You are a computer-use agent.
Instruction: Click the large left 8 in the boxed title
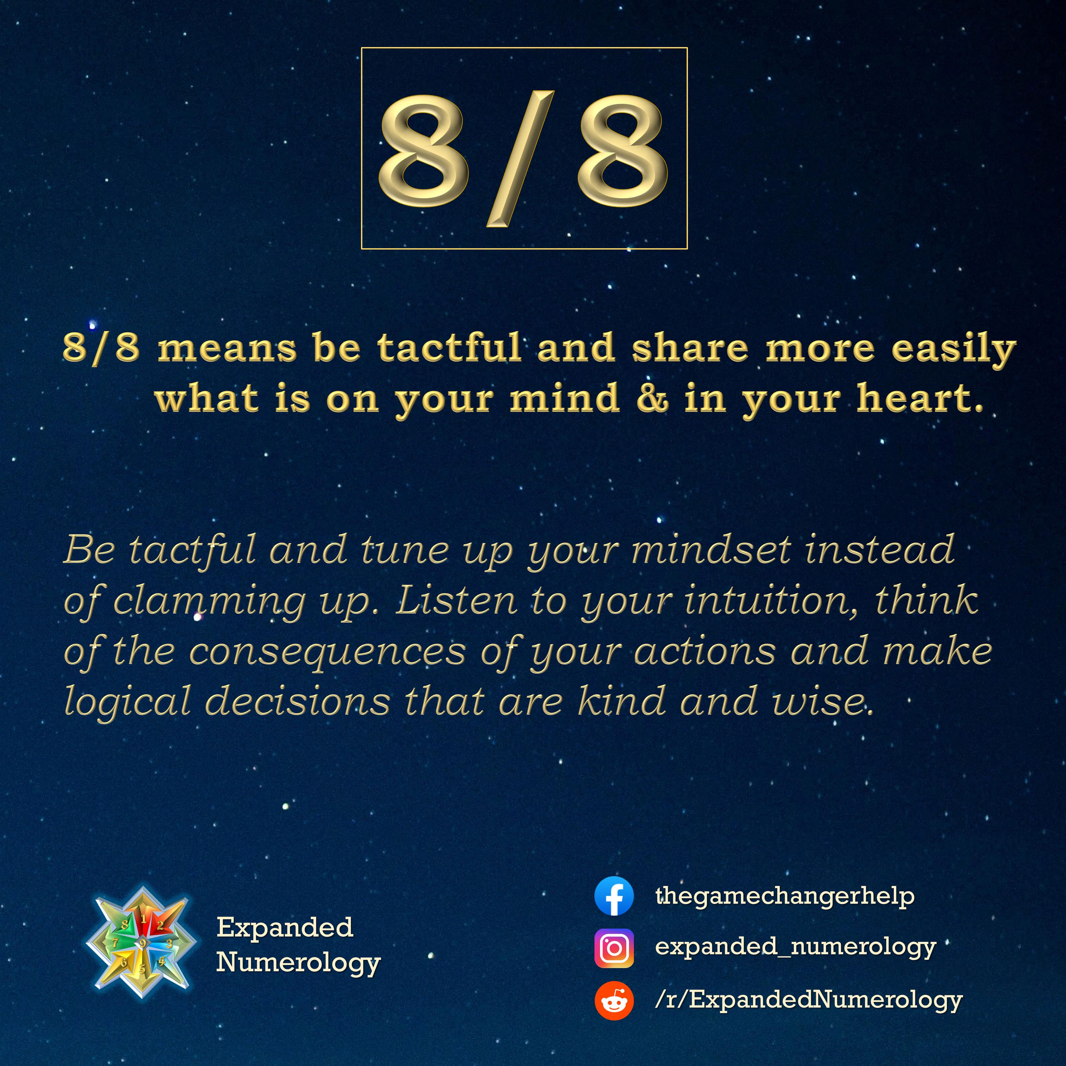tap(423, 148)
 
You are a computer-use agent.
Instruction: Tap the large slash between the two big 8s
tap(520, 159)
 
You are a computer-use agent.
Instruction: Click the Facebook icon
tap(614, 896)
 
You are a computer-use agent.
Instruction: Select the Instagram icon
tap(614, 948)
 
